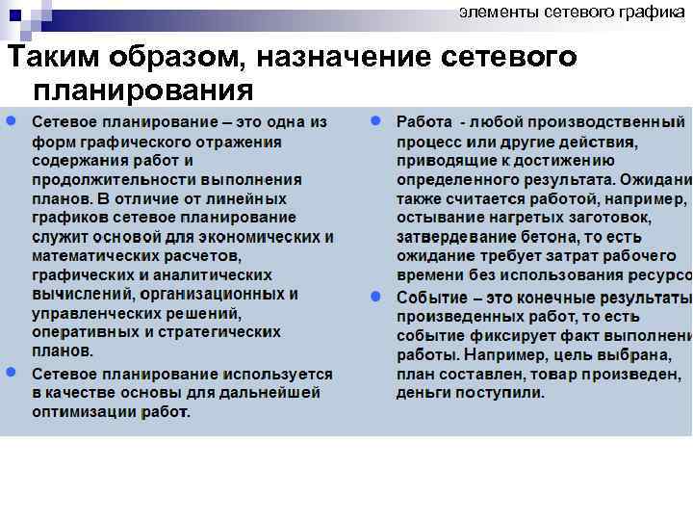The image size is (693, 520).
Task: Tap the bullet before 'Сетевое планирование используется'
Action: pos(10,373)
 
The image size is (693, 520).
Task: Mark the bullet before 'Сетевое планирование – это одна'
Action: pos(10,123)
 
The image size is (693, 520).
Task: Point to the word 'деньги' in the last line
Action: pos(423,393)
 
